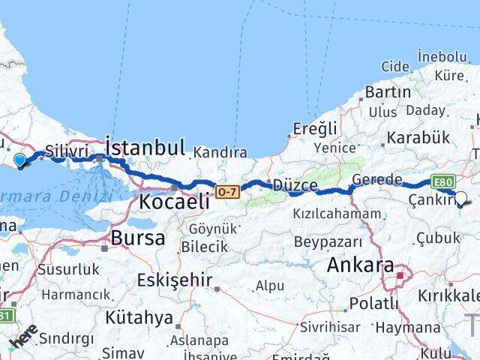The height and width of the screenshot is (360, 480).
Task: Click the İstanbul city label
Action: click(145, 146)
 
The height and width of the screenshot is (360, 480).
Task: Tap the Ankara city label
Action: click(361, 265)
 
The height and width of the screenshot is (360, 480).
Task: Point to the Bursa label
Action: click(136, 238)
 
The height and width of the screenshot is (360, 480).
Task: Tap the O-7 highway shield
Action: click(227, 193)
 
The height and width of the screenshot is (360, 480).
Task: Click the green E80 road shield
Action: click(442, 182)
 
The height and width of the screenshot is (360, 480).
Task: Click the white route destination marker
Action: click(460, 198)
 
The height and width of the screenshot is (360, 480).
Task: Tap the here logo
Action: click(23, 341)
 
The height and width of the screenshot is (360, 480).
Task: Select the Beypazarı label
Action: click(328, 241)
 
